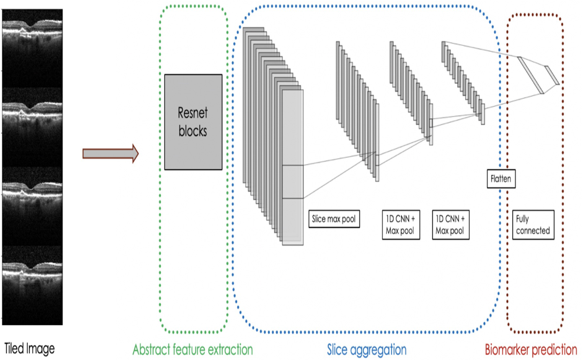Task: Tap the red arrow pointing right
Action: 110,153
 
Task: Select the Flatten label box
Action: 501,178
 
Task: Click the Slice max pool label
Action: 334,219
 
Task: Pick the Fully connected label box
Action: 533,225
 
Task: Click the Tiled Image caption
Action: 29,349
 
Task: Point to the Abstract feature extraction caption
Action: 193,350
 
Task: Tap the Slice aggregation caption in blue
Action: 366,350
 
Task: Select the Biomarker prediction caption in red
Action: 531,350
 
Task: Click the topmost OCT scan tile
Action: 32,48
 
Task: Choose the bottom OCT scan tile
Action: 32,285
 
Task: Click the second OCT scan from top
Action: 32,127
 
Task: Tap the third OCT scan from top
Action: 32,206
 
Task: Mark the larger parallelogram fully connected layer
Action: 530,75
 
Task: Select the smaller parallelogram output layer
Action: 552,75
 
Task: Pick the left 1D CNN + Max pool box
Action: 401,225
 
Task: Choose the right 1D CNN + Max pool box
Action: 450,225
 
